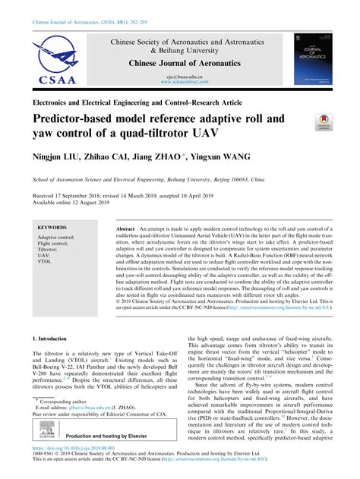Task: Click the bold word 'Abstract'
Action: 126,228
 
